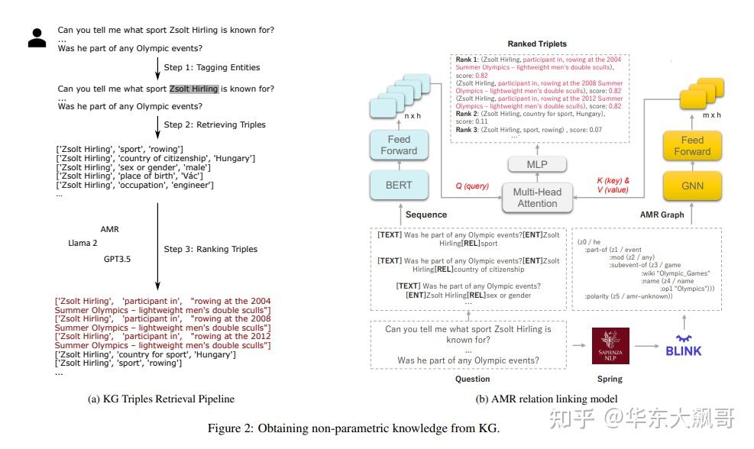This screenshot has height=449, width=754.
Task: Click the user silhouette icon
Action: [37, 38]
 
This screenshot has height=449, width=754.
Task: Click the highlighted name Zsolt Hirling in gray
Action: [193, 89]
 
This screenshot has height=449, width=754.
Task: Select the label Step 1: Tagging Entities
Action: [212, 67]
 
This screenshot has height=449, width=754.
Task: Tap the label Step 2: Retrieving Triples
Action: [215, 124]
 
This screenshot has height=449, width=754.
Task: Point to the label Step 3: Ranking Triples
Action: [210, 249]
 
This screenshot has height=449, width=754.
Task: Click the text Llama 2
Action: [83, 244]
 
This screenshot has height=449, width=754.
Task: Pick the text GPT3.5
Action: [118, 260]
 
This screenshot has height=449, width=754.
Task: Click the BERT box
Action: [399, 186]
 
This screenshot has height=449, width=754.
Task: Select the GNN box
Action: [692, 186]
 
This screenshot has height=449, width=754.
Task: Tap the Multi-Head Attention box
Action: [537, 198]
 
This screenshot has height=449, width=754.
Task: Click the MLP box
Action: [538, 164]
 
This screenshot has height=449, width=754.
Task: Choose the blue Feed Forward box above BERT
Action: [399, 145]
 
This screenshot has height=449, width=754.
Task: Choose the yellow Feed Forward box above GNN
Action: [692, 145]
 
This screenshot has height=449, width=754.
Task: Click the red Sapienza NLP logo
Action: [610, 345]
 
